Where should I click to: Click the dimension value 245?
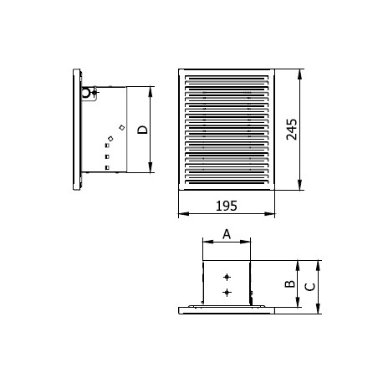click(x=292, y=130)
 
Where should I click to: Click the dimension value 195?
click(x=227, y=206)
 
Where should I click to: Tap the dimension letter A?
click(x=227, y=234)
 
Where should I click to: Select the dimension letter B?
click(x=290, y=283)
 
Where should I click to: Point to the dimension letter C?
click(x=310, y=287)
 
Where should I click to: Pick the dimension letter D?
click(x=142, y=130)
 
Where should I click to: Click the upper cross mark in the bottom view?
click(x=227, y=277)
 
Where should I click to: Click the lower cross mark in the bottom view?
click(x=227, y=292)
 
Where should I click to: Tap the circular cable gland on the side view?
click(x=86, y=92)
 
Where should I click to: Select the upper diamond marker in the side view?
click(x=122, y=127)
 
